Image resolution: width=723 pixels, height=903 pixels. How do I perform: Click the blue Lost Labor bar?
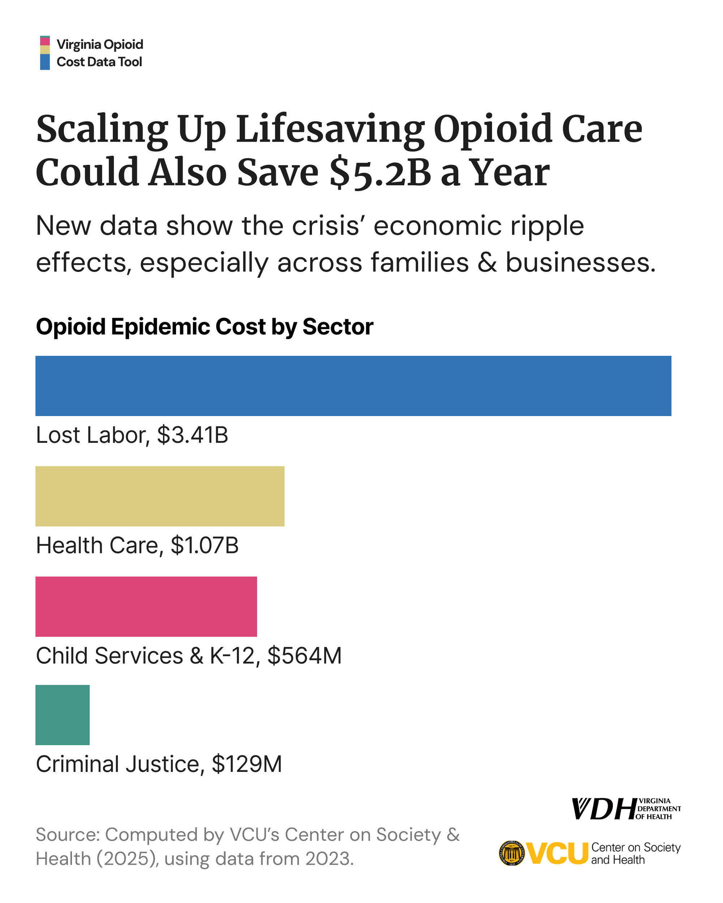click(x=353, y=386)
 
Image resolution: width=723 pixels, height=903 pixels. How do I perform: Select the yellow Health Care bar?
click(x=160, y=496)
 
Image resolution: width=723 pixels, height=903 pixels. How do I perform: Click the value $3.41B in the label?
click(x=192, y=435)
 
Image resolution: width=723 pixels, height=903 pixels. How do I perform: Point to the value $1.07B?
click(x=205, y=545)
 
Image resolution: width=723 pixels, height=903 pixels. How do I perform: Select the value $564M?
click(x=305, y=656)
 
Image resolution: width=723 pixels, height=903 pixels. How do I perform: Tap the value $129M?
click(x=247, y=764)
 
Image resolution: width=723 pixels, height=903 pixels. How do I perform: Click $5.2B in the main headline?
click(x=380, y=173)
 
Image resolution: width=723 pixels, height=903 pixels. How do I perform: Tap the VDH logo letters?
click(x=604, y=809)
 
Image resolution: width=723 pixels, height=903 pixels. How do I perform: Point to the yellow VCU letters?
click(x=557, y=853)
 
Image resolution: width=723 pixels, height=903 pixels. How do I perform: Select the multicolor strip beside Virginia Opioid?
click(x=45, y=53)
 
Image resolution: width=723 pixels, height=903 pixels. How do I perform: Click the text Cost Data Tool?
click(x=99, y=62)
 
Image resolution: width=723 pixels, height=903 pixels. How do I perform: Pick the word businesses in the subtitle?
click(x=580, y=263)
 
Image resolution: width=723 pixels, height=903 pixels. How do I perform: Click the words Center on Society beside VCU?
click(x=636, y=847)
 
